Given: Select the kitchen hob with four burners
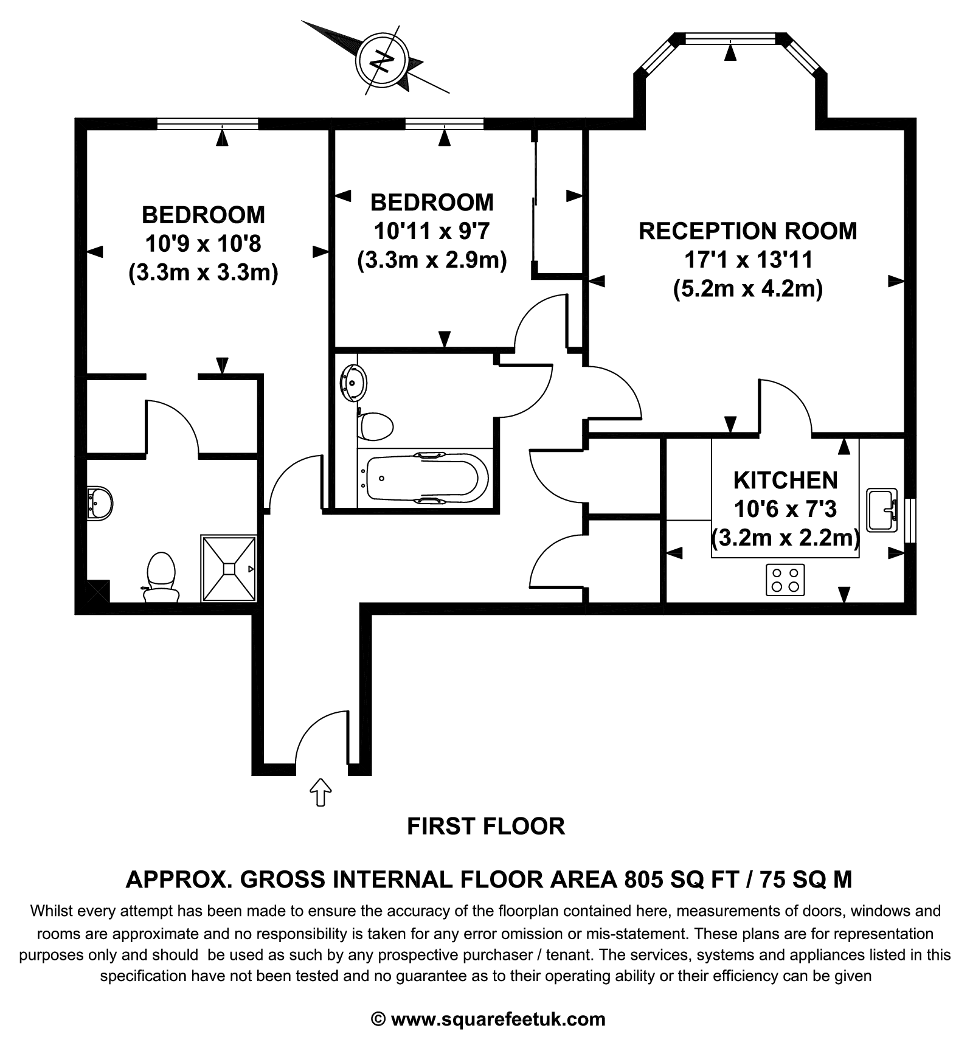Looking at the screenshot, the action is pyautogui.click(x=785, y=580).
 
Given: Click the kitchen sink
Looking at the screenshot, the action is pyautogui.click(x=882, y=510).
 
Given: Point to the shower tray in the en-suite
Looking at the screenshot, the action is pyautogui.click(x=229, y=568).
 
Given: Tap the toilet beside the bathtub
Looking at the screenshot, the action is pyautogui.click(x=375, y=426).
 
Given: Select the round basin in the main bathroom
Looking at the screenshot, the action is pyautogui.click(x=354, y=383).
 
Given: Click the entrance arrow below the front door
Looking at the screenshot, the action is pyautogui.click(x=320, y=792).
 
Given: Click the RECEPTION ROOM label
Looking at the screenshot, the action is pyautogui.click(x=747, y=231).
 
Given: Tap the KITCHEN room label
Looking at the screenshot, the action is pyautogui.click(x=785, y=481).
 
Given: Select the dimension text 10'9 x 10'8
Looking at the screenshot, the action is pyautogui.click(x=203, y=244).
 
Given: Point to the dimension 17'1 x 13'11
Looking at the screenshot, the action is pyautogui.click(x=748, y=260).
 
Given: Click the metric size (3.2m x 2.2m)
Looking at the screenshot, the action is pyautogui.click(x=785, y=538).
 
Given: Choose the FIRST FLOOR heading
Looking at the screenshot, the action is pyautogui.click(x=485, y=827).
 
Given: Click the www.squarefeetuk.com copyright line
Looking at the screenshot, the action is pyautogui.click(x=488, y=1019).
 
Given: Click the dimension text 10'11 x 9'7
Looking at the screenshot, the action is pyautogui.click(x=432, y=231).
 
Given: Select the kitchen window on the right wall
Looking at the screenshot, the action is pyautogui.click(x=910, y=521).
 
